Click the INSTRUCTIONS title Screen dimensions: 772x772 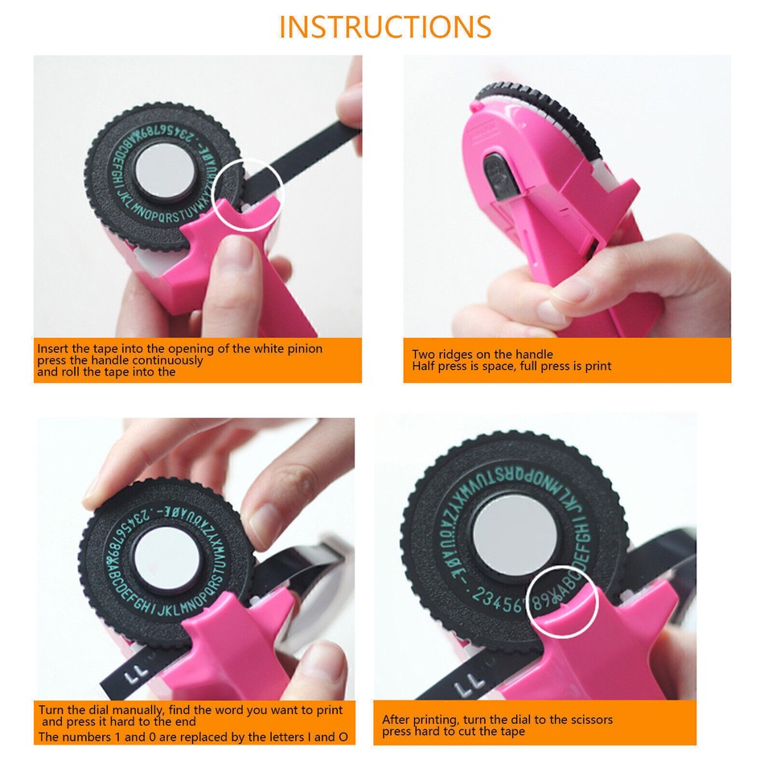pos(385,27)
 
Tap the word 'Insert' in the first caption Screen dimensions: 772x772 pos(53,349)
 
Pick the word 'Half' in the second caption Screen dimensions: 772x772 pos(423,366)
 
